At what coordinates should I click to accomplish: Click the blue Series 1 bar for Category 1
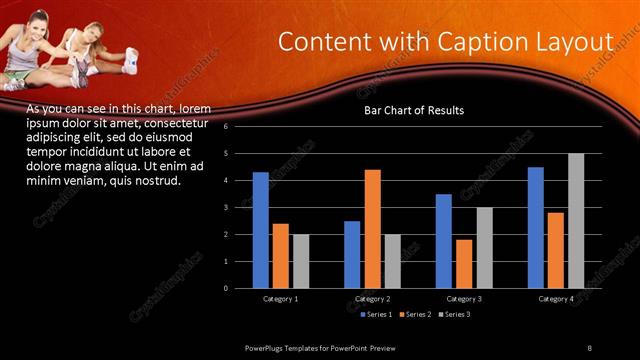click(x=260, y=230)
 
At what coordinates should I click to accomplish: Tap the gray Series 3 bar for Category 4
click(x=575, y=221)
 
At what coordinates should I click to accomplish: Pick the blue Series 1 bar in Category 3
click(x=443, y=241)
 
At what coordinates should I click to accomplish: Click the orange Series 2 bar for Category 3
click(x=463, y=264)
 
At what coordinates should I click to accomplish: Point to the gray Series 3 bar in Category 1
click(x=301, y=261)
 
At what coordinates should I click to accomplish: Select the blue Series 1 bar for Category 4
click(x=535, y=228)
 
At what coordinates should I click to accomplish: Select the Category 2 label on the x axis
click(x=372, y=299)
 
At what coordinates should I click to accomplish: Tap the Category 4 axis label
click(x=556, y=299)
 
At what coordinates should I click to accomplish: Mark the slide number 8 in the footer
click(x=589, y=347)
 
